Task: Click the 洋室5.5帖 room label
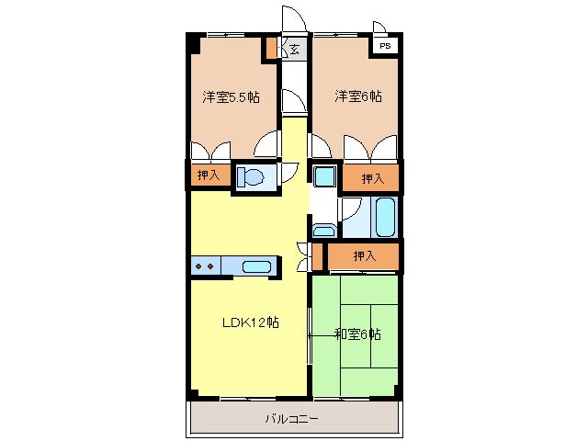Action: [231, 96]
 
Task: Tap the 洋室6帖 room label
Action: [357, 96]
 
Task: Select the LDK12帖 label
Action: [249, 322]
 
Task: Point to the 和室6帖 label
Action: [357, 334]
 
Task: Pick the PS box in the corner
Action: [384, 44]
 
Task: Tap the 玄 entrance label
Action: [296, 50]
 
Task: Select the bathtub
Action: [385, 217]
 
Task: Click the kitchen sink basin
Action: [257, 267]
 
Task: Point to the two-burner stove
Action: [204, 267]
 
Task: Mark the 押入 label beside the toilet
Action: [208, 175]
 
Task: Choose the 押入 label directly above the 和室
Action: [365, 255]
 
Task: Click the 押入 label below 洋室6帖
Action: [372, 178]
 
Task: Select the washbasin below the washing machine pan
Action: [324, 230]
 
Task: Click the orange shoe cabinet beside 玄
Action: [272, 49]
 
